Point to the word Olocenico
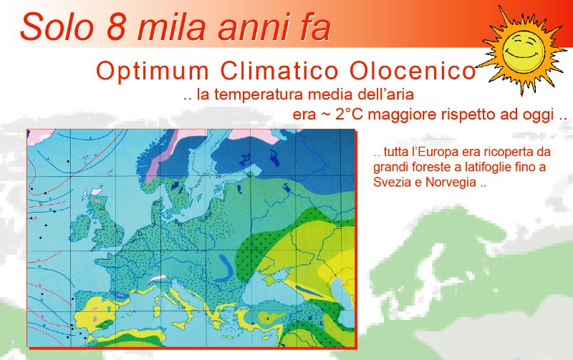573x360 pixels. click(x=413, y=72)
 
